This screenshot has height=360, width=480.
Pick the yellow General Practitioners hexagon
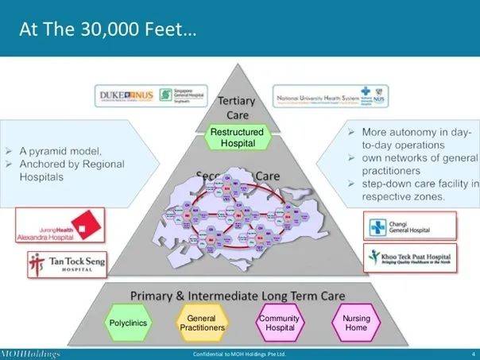pos(201,323)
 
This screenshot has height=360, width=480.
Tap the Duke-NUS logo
pos(126,96)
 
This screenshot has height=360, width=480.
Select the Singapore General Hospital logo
pos(182,96)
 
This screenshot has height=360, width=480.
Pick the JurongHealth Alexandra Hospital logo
pos(60,225)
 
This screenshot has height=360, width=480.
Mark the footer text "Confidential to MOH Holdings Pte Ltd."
pos(239,353)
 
